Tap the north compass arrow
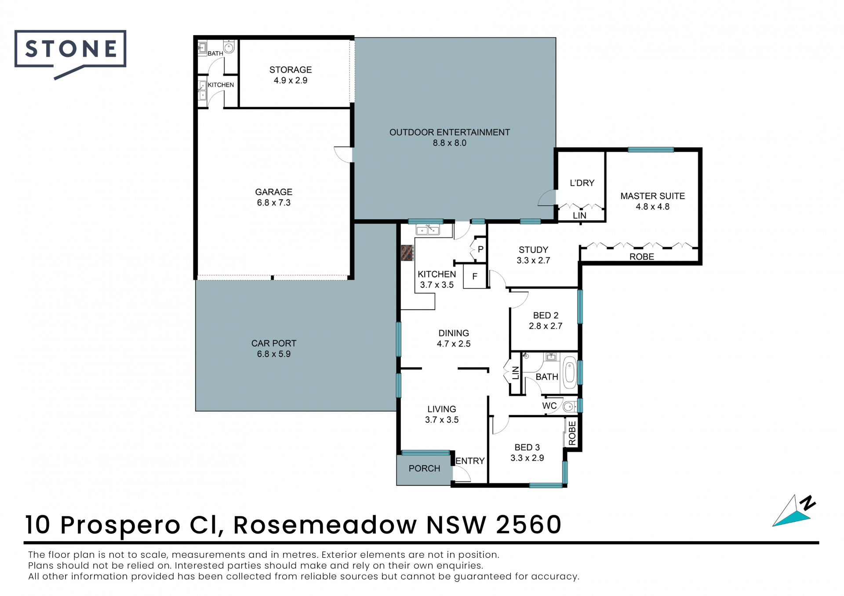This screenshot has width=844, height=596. (793, 512)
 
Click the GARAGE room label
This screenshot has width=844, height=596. (273, 192)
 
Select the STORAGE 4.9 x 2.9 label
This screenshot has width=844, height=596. (291, 75)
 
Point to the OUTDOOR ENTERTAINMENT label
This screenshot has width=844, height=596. (449, 132)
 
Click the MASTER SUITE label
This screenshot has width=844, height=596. (652, 196)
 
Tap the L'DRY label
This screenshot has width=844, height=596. (582, 183)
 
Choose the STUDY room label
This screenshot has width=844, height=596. (533, 250)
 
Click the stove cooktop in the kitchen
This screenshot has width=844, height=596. (407, 253)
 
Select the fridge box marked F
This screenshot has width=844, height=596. (475, 276)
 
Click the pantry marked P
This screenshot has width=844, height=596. (480, 249)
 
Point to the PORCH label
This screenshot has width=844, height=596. (424, 469)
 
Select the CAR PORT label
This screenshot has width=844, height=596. (273, 343)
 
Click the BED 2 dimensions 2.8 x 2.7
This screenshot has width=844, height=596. (546, 326)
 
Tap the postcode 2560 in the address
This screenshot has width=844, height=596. (529, 524)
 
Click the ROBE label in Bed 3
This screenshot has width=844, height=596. (572, 433)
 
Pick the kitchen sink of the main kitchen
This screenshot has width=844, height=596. (428, 230)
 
